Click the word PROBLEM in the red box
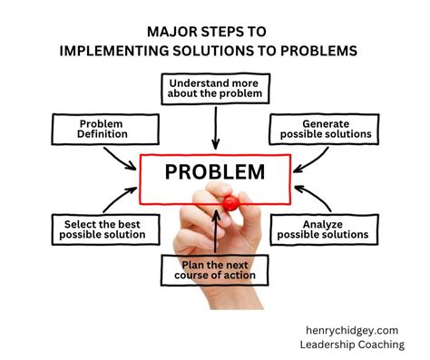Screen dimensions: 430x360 [214, 172]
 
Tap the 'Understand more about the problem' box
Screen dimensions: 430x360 [214, 89]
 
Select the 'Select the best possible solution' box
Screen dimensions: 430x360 [103, 229]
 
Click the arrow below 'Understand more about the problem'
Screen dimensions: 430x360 [215, 127]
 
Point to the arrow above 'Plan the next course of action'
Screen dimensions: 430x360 [215, 231]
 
